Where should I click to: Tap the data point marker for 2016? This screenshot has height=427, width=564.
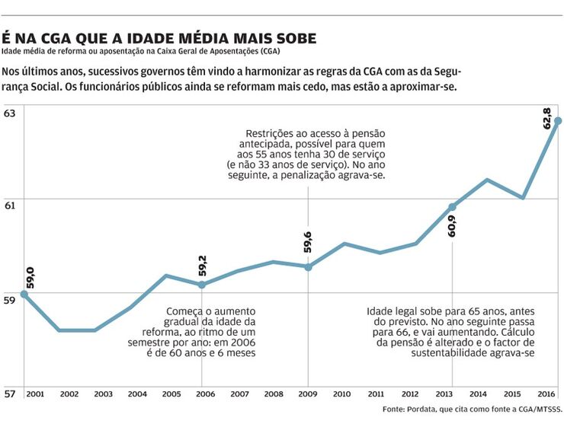tap(558, 121)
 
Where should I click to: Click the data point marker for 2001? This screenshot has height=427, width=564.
tap(24, 294)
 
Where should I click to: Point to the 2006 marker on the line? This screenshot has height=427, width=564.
tap(201, 285)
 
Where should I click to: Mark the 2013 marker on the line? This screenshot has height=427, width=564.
tap(452, 207)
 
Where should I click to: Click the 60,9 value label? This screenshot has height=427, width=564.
tap(452, 226)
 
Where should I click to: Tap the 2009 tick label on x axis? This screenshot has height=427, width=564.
tap(308, 394)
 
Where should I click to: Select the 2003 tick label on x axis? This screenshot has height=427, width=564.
tap(104, 394)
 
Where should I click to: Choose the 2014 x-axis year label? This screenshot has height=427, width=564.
tap(479, 394)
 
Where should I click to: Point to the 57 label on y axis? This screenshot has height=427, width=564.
tap(9, 394)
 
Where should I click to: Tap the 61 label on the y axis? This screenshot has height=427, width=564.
tap(9, 205)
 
